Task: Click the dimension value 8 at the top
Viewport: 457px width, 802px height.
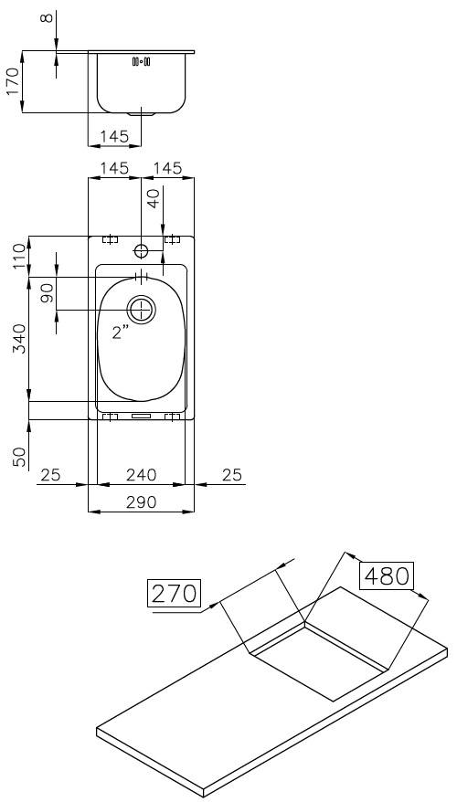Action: [x=48, y=19]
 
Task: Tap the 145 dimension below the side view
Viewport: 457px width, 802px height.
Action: [x=114, y=136]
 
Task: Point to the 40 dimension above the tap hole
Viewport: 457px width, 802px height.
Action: [x=154, y=198]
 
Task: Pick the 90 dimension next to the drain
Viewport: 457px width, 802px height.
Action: [x=47, y=293]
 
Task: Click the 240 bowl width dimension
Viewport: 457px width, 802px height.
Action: [x=141, y=475]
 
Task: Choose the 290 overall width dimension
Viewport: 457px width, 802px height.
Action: [x=141, y=501]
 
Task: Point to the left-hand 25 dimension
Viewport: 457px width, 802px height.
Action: [x=51, y=475]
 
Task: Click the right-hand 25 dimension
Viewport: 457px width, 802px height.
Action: [x=232, y=475]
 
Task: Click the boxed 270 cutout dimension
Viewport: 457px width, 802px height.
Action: [x=174, y=593]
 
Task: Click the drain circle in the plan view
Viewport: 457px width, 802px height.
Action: [x=141, y=310]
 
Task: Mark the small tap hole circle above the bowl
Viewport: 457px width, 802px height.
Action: [x=141, y=250]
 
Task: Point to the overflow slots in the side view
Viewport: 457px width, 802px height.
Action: [x=141, y=62]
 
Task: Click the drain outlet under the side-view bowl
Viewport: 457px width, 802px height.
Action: [x=141, y=115]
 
